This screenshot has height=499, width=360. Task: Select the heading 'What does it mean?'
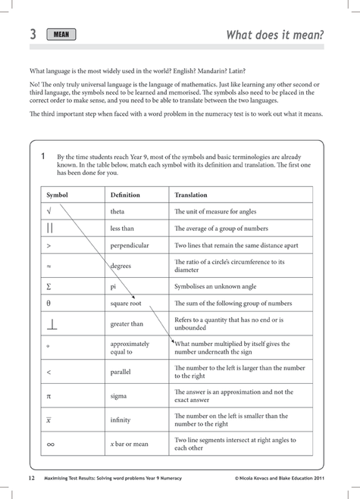[x=275, y=35]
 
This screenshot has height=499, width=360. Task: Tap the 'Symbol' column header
[x=58, y=195]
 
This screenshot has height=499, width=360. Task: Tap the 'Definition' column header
[x=125, y=195]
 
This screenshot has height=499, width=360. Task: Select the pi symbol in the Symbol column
[x=49, y=395]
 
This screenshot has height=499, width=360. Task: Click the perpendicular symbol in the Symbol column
[x=51, y=324]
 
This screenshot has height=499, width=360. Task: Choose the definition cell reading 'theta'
[x=117, y=213]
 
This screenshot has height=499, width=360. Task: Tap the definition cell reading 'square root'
[x=126, y=304]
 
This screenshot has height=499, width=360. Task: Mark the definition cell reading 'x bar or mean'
[x=130, y=444]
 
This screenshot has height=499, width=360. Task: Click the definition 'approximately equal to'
[x=130, y=348]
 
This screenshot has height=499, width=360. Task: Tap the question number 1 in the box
[x=43, y=156]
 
